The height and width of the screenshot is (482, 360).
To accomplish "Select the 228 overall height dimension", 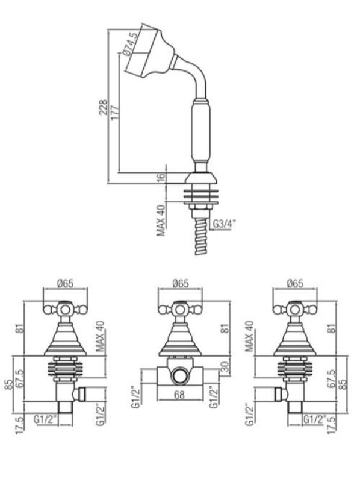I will click(104, 108).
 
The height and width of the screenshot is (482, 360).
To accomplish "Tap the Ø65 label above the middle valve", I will click(180, 283).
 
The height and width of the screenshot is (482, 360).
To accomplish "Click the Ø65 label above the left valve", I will click(67, 283).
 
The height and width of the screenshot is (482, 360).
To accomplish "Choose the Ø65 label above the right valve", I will click(296, 283).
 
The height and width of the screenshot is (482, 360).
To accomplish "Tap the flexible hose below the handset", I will click(199, 238).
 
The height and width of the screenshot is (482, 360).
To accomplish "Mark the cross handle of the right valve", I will click(296, 311).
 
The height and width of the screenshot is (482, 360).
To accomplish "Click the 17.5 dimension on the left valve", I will click(22, 421).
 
